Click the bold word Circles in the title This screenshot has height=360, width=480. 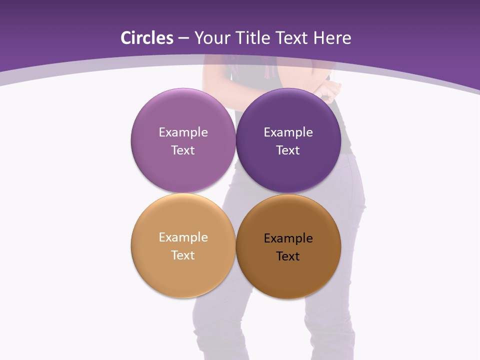[147, 38]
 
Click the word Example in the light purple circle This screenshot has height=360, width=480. [183, 132]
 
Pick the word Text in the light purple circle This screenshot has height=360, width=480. [183, 150]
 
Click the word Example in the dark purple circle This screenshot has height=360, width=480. [288, 132]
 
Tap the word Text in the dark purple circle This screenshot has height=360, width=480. [288, 150]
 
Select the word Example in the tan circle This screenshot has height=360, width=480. [183, 237]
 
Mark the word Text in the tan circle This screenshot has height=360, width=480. [183, 255]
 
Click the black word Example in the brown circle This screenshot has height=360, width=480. [288, 238]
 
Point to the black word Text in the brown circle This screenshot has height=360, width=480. [288, 256]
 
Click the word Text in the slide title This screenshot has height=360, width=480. [293, 38]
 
